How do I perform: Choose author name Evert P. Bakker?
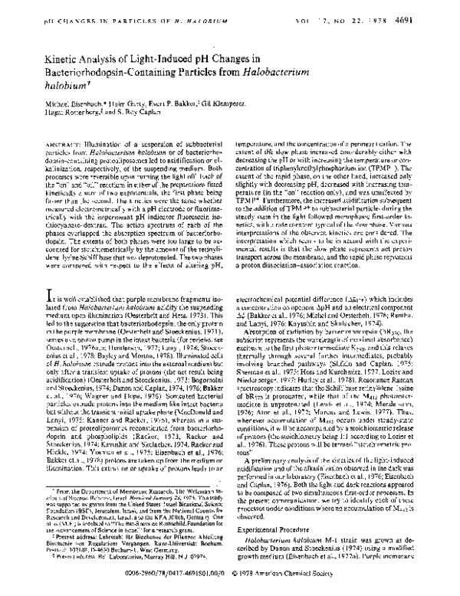click(189, 113)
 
